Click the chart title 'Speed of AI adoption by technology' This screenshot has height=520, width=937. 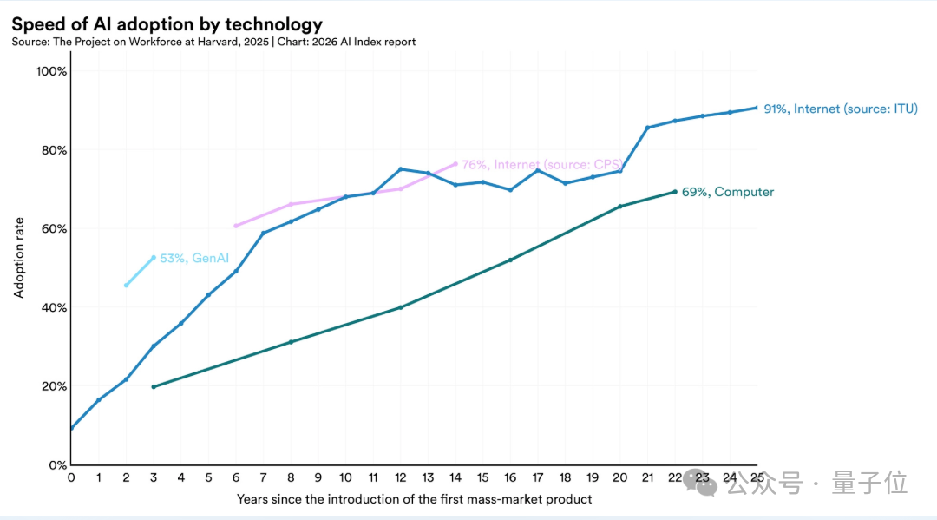tap(167, 24)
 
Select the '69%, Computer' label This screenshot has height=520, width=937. tap(727, 192)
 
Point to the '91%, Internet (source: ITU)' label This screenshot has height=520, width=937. tap(840, 109)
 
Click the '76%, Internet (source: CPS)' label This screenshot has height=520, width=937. tap(541, 164)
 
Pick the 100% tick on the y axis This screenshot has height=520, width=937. tap(50, 71)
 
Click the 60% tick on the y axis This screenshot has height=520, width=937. tap(53, 229)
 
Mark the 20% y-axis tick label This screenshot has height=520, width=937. tap(53, 386)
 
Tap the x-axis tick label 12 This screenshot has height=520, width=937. tap(400, 477)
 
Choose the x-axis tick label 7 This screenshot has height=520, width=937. tap(263, 477)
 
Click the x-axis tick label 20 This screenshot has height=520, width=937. tap(619, 477)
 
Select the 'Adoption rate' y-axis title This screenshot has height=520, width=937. tap(19, 260)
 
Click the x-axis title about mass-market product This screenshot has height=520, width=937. tap(414, 499)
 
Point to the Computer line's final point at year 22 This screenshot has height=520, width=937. tap(675, 192)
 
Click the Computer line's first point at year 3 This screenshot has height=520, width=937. tap(154, 386)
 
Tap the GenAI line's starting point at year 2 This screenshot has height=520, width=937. tap(126, 286)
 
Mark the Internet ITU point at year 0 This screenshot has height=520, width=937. tap(71, 428)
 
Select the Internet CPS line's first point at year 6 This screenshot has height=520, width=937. tap(235, 226)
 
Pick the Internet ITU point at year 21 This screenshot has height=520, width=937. tap(647, 128)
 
